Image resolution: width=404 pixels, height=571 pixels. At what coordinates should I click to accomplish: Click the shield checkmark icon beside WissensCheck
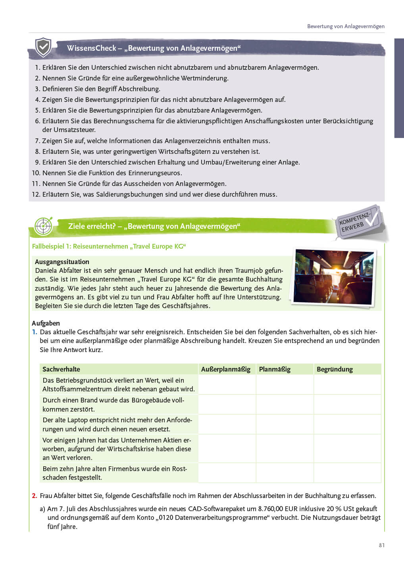click(x=43, y=48)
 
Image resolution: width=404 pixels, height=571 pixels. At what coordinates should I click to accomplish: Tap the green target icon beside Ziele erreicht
click(x=43, y=226)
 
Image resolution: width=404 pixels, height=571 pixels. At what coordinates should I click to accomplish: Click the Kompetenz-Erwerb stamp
click(x=358, y=223)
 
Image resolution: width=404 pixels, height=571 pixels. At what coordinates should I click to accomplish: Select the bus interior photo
click(x=333, y=277)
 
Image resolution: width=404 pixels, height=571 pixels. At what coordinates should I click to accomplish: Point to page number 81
click(x=381, y=545)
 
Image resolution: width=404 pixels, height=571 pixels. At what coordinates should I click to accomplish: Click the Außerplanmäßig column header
click(x=225, y=369)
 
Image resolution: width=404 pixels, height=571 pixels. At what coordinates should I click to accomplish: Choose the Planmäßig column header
click(x=275, y=369)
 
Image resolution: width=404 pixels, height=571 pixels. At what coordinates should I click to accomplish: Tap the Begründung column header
click(x=335, y=369)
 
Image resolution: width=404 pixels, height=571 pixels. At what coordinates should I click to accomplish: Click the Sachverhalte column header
click(x=61, y=369)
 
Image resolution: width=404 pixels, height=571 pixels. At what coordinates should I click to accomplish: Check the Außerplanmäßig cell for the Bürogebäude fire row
click(x=227, y=404)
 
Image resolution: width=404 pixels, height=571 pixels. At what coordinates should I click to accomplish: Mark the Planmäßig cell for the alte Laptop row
click(x=285, y=424)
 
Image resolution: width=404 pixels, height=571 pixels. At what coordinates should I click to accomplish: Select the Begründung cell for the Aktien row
click(x=347, y=448)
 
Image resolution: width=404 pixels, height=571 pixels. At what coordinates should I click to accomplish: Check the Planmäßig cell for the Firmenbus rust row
click(x=285, y=473)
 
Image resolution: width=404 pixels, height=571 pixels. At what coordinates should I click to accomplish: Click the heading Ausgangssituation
click(x=62, y=262)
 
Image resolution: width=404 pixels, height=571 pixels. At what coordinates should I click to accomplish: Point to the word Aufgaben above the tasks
click(x=46, y=323)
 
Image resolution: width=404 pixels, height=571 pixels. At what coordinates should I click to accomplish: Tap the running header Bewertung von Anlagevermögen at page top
click(x=346, y=26)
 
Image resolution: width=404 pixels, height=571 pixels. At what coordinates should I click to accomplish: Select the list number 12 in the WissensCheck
click(x=36, y=194)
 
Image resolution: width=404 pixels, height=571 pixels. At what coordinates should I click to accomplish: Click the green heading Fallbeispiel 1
click(x=109, y=246)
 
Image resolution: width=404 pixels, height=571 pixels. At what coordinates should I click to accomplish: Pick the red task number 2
click(x=35, y=496)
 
